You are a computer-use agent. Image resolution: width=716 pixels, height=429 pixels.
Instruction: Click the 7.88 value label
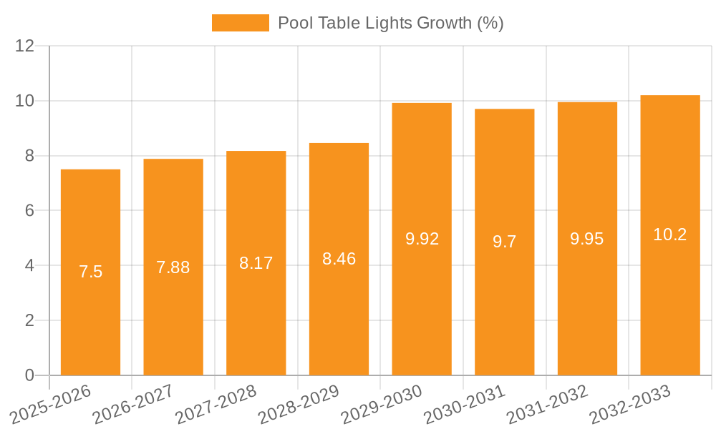[173, 267]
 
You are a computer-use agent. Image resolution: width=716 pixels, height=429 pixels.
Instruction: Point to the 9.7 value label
[505, 242]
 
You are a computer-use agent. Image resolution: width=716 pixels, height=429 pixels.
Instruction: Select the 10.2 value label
[670, 235]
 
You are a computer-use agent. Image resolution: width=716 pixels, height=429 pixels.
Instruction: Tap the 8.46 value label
[339, 259]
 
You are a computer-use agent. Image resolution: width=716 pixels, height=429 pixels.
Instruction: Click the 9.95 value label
[587, 239]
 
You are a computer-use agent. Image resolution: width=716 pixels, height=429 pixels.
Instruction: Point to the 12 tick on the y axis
[25, 46]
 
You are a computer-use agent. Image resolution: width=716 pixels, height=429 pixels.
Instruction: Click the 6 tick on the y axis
[29, 211]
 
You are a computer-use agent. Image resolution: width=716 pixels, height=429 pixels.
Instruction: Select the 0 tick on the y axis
[29, 375]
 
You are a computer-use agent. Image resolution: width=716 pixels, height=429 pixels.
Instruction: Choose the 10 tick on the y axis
[25, 101]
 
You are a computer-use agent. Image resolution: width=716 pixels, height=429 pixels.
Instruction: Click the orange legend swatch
[241, 23]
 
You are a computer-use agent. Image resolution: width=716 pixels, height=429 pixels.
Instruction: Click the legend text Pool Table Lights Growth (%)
[391, 23]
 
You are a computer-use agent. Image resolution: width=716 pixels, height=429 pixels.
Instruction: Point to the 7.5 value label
[91, 272]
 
